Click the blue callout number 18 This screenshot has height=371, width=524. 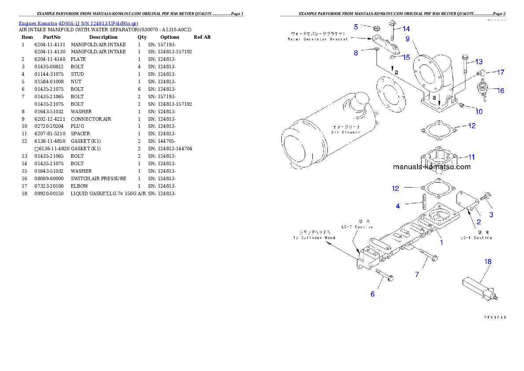pos(488,261)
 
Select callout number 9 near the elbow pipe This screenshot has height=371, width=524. pos(407,39)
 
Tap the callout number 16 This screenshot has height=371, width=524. pos(501,90)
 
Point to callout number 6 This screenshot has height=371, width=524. pos(373,294)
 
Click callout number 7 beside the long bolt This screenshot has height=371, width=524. pos(417,275)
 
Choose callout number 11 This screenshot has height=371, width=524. pos(471,157)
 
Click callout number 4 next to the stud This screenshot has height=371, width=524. pos(398,206)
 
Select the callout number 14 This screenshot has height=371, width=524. pos(406,29)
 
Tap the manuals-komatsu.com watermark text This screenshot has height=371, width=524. pos(432,167)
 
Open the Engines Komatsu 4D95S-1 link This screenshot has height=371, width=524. pos(78,23)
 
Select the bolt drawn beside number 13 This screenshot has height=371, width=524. pos(466,64)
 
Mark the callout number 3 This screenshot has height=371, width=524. pos(491,215)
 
